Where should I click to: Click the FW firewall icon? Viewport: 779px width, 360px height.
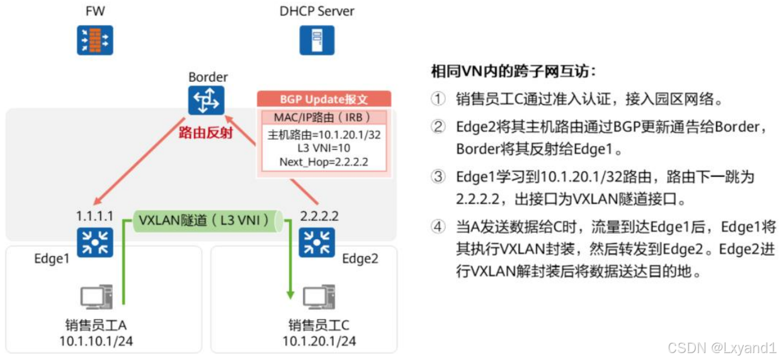coord(95,41)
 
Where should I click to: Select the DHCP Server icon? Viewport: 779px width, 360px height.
coord(316,41)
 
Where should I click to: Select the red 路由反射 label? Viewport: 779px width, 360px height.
coord(205,132)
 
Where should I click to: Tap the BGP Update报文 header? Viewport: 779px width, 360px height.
coord(324,99)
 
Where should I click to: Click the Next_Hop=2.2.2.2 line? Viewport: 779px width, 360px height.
coord(324,162)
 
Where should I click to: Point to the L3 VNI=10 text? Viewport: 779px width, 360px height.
coord(324,148)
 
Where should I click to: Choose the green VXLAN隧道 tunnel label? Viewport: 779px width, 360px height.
coord(205,221)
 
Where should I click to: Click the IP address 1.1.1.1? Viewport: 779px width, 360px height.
coord(94,216)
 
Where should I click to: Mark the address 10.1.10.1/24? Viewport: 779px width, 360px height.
coord(96,342)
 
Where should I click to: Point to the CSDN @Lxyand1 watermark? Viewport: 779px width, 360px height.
coord(722,347)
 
